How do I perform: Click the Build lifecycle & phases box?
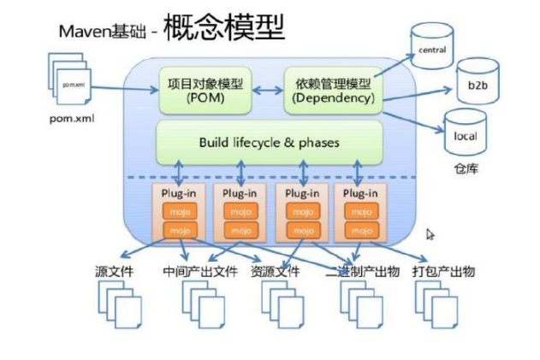[269, 142]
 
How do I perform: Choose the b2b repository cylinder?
[477, 86]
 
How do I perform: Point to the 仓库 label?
[466, 168]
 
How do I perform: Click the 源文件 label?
[114, 271]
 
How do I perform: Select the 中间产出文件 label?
[199, 271]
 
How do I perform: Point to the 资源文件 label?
[275, 271]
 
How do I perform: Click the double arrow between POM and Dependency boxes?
[268, 89]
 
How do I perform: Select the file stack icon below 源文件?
[119, 301]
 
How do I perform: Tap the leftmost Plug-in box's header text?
[178, 193]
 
